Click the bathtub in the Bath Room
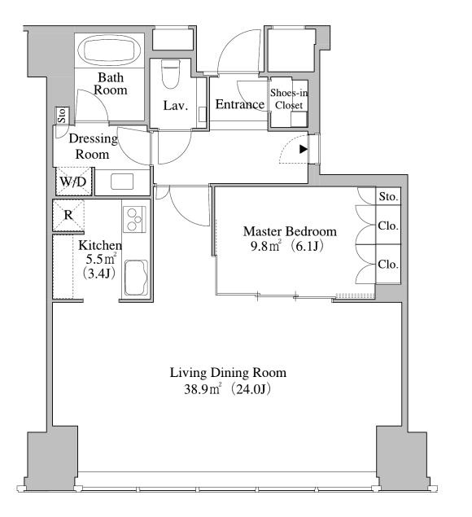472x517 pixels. (109, 50)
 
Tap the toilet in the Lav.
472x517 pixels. (171, 74)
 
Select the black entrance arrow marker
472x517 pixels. (304, 149)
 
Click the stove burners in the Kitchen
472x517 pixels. (134, 219)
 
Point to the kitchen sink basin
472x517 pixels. (136, 278)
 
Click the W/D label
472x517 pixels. (73, 182)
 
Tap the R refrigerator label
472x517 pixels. (68, 215)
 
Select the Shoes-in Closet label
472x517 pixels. (289, 99)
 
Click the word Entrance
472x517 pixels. (239, 104)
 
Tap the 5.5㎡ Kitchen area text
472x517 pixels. (101, 259)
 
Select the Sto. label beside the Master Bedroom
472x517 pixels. (388, 197)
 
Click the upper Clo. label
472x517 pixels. (388, 226)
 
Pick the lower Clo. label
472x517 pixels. (388, 264)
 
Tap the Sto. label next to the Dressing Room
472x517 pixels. (62, 116)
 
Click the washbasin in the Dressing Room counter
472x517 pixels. (122, 182)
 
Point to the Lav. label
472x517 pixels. (175, 106)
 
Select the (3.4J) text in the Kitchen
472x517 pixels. (99, 274)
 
